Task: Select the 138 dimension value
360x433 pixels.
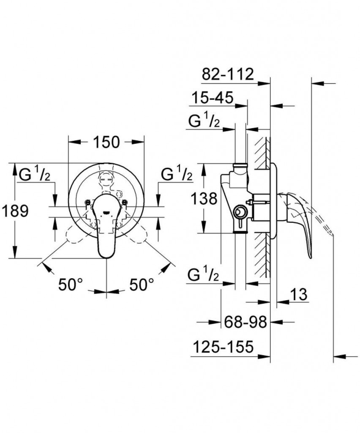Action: pos(204,198)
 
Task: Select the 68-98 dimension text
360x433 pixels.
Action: pos(245,323)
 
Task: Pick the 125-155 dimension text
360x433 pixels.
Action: pos(223,348)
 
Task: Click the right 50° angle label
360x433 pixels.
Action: pos(141,285)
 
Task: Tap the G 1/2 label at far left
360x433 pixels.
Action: pos(35,174)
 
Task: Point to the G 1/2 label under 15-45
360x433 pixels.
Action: pos(204,122)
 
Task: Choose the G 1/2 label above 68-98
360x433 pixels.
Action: pos(204,276)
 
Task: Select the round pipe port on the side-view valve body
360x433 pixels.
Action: pos(240,211)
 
